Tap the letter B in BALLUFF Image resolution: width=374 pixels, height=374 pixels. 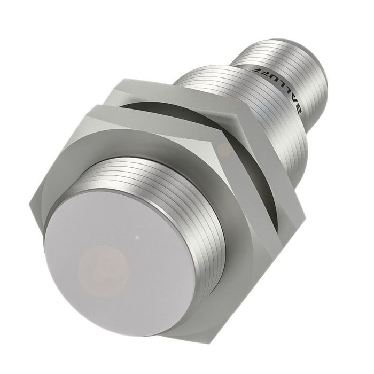point(299,108)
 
